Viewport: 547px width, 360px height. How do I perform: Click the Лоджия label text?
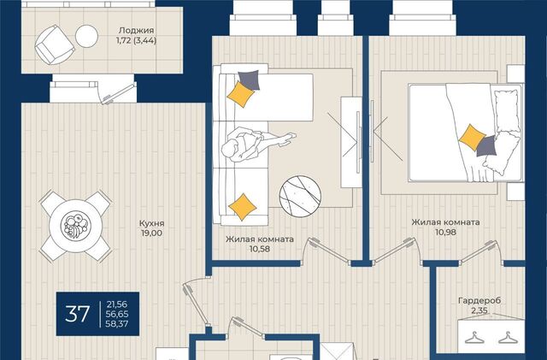[136, 31]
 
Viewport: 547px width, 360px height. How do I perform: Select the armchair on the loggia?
[55, 44]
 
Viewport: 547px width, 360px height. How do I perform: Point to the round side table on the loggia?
[86, 36]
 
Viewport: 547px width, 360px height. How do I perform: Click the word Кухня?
[152, 223]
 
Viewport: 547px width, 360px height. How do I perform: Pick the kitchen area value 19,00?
[152, 233]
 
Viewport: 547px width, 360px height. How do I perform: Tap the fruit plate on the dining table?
[76, 226]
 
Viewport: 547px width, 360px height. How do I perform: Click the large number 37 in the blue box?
[78, 314]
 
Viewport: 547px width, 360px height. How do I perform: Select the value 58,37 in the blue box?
[117, 324]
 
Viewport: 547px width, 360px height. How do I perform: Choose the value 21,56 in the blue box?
[117, 304]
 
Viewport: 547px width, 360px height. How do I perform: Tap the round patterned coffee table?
[300, 196]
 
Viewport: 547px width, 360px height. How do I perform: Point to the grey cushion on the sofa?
[249, 80]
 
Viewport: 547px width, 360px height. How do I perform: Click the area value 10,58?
[260, 249]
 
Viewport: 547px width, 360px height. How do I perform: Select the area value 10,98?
[445, 232]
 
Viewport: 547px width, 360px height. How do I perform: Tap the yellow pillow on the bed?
[472, 137]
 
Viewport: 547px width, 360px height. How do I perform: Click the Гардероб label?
[479, 300]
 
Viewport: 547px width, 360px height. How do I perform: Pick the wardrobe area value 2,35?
[479, 310]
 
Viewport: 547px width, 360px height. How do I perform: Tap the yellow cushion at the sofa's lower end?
[243, 207]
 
